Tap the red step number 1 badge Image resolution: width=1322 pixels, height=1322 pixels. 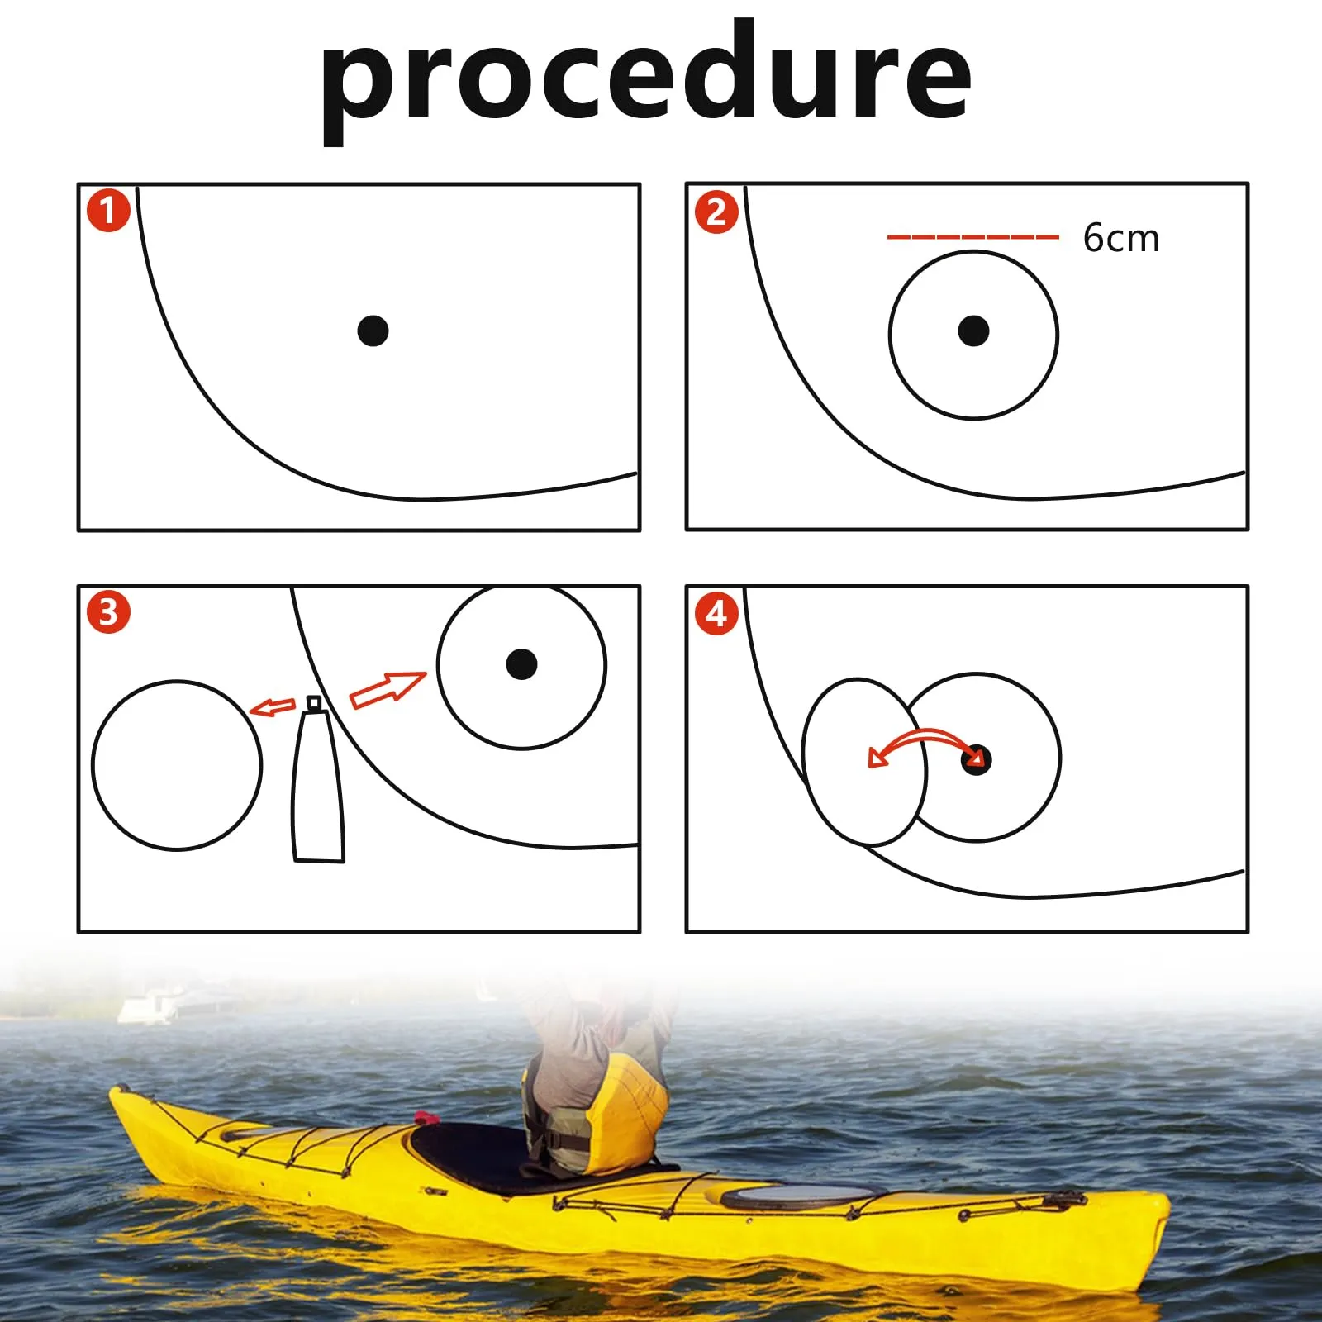click(108, 211)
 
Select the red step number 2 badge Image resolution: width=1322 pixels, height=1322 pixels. click(716, 212)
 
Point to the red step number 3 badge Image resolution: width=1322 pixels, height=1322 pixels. click(108, 612)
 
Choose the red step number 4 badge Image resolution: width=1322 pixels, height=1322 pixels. click(716, 613)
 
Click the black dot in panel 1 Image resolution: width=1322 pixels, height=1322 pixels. click(373, 330)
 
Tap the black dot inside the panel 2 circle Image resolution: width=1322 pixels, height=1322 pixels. click(973, 330)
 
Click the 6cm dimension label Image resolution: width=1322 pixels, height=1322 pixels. click(1121, 238)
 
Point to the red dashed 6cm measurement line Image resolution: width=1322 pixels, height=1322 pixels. click(972, 237)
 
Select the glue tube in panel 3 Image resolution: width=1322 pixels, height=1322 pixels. click(318, 781)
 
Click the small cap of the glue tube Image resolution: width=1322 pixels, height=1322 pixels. click(314, 703)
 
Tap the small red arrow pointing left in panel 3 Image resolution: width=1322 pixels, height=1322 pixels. click(272, 707)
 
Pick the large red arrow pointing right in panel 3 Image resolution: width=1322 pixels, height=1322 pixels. click(388, 688)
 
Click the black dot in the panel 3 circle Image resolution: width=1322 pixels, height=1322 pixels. click(521, 663)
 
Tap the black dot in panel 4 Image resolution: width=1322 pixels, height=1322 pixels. click(976, 759)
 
